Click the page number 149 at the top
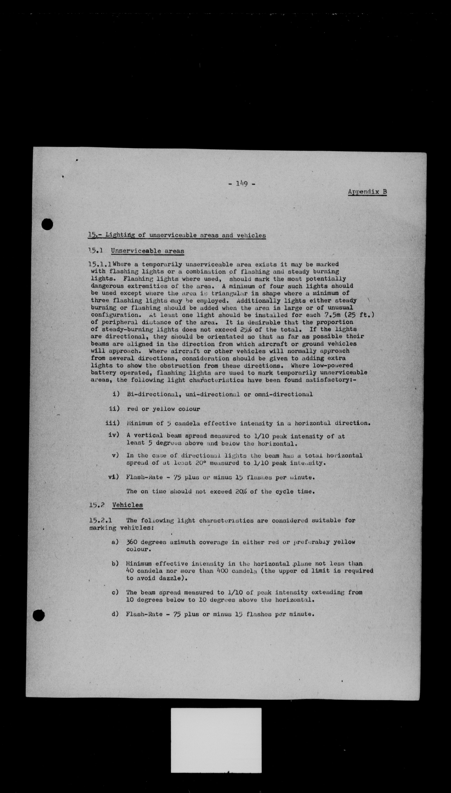tap(242, 184)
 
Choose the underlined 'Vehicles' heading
tap(127, 505)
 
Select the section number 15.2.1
tap(100, 521)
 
